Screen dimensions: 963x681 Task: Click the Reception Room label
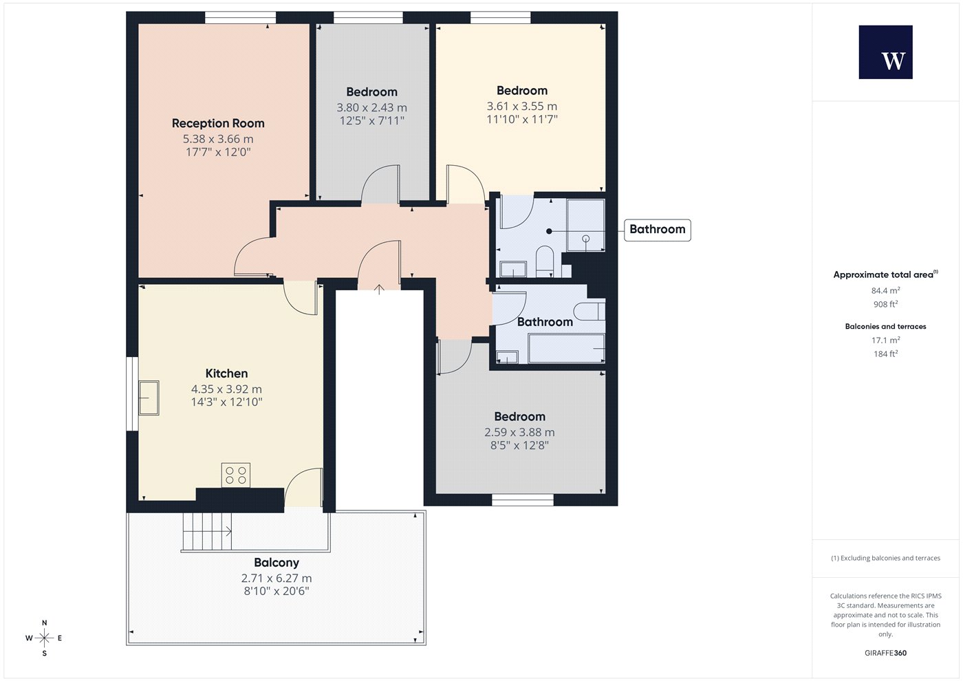pyautogui.click(x=218, y=123)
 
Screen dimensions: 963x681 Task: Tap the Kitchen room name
pyautogui.click(x=226, y=373)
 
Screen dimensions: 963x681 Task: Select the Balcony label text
pyautogui.click(x=277, y=563)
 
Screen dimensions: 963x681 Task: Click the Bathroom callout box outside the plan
pyautogui.click(x=658, y=230)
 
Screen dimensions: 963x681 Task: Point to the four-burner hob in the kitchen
pyautogui.click(x=235, y=475)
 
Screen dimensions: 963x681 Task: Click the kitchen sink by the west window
pyautogui.click(x=149, y=398)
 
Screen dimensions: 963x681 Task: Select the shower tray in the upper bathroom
pyautogui.click(x=585, y=225)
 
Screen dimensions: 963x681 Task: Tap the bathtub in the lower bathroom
pyautogui.click(x=566, y=348)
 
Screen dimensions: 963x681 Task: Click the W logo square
pyautogui.click(x=886, y=52)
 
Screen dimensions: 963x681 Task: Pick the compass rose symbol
pyautogui.click(x=44, y=638)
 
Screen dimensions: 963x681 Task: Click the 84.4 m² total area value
pyautogui.click(x=886, y=290)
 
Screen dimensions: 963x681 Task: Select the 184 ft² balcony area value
pyautogui.click(x=886, y=354)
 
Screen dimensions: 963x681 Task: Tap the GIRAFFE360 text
pyautogui.click(x=886, y=653)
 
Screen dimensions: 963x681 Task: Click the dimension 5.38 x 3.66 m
pyautogui.click(x=218, y=139)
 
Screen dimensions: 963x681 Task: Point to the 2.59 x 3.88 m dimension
pyautogui.click(x=519, y=432)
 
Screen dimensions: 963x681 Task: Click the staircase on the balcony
pyautogui.click(x=207, y=532)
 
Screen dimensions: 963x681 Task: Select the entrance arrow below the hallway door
pyautogui.click(x=379, y=290)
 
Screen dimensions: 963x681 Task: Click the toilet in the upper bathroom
pyautogui.click(x=545, y=261)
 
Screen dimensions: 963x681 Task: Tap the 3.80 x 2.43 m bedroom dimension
pyautogui.click(x=371, y=107)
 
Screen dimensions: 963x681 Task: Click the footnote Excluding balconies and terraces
pyautogui.click(x=886, y=558)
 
